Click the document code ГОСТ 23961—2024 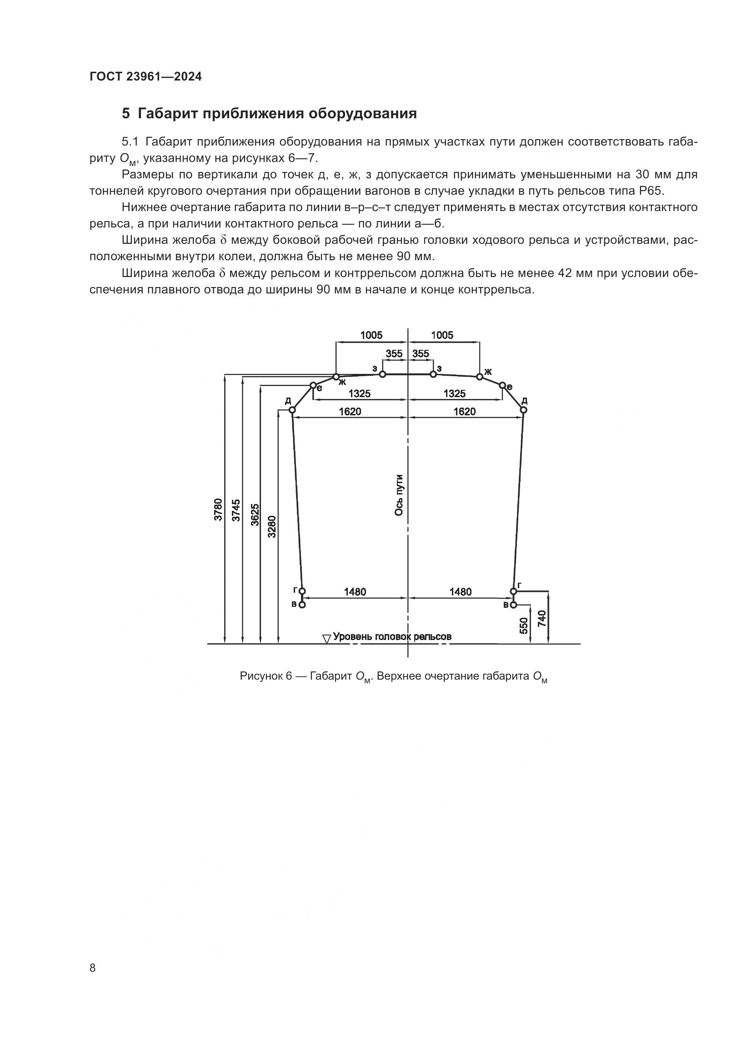pyautogui.click(x=145, y=77)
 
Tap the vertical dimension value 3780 pyautogui.click(x=219, y=510)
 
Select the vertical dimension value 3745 pyautogui.click(x=236, y=510)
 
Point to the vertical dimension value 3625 pyautogui.click(x=255, y=514)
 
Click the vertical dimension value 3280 pyautogui.click(x=272, y=526)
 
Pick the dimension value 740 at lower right pyautogui.click(x=542, y=618)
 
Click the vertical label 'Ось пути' pyautogui.click(x=399, y=495)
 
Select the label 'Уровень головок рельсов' pyautogui.click(x=392, y=637)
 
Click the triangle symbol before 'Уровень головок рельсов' pyautogui.click(x=326, y=639)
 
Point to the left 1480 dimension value pyautogui.click(x=355, y=592)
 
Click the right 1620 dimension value pyautogui.click(x=465, y=412)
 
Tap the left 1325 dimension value pyautogui.click(x=359, y=393)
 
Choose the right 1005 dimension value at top pyautogui.click(x=442, y=335)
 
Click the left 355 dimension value pyautogui.click(x=394, y=353)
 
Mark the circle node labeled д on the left pyautogui.click(x=292, y=410)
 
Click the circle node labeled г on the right pyautogui.click(x=513, y=591)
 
